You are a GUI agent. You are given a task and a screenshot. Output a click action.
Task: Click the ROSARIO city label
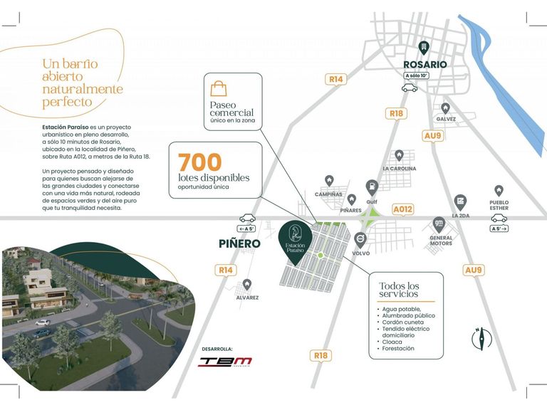pyautogui.click(x=425, y=64)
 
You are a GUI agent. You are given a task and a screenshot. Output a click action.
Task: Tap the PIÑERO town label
pyautogui.click(x=239, y=243)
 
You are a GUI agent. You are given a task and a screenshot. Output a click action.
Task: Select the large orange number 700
pyautogui.click(x=200, y=162)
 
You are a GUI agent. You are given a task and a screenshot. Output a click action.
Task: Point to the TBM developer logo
pyautogui.click(x=224, y=361)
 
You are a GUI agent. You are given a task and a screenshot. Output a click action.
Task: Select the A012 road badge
pyautogui.click(x=403, y=209)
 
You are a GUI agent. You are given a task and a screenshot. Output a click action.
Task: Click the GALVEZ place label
pyautogui.click(x=447, y=119)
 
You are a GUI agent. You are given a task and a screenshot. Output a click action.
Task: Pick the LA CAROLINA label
pyautogui.click(x=399, y=169)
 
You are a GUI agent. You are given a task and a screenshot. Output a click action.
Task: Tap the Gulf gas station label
pyautogui.click(x=371, y=201)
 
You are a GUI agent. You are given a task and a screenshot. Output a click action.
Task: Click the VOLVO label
pyautogui.click(x=360, y=253)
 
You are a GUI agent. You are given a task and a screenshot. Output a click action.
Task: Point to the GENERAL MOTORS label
pyautogui.click(x=441, y=241)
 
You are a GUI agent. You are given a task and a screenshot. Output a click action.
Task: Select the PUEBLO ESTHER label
pyautogui.click(x=499, y=206)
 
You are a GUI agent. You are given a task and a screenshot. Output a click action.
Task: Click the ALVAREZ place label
pyautogui.click(x=247, y=298)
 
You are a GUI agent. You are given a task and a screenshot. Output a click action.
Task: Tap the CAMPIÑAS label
pyautogui.click(x=328, y=194)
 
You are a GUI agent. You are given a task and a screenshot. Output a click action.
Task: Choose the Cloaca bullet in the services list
pyautogui.click(x=390, y=342)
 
